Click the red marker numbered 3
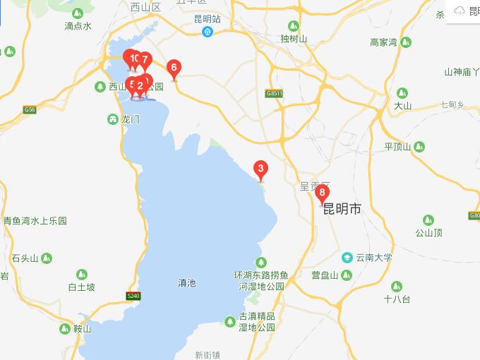[261, 169]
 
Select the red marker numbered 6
[174, 68]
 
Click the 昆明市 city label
[342, 209]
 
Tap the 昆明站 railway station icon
[208, 32]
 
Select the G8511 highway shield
[275, 93]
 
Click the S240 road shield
[133, 295]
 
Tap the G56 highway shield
[29, 109]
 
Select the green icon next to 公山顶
[428, 220]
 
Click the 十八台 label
[397, 299]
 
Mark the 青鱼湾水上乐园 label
[35, 221]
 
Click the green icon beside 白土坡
[82, 274]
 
